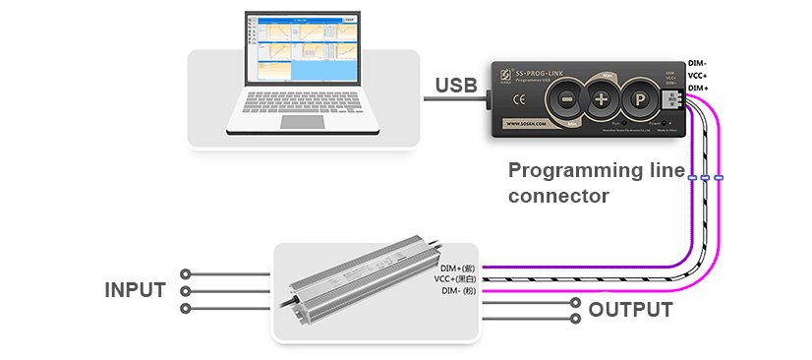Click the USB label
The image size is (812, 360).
(x=457, y=88)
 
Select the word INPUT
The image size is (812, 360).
(x=136, y=290)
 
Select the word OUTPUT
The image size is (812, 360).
(x=630, y=311)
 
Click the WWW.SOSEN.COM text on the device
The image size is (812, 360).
(x=533, y=125)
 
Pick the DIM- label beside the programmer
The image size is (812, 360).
(x=701, y=63)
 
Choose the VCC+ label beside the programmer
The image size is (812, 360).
(x=701, y=76)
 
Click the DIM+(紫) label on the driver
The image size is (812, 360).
(x=457, y=268)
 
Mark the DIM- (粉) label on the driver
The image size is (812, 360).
(x=457, y=291)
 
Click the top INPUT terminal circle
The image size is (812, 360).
(x=184, y=273)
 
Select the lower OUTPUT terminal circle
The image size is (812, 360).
(x=576, y=318)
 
